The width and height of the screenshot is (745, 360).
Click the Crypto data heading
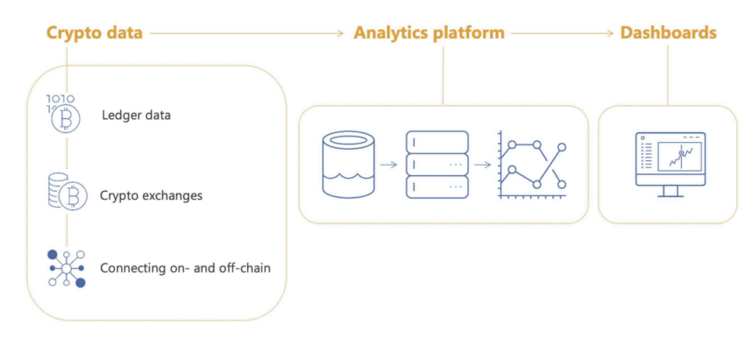(x=94, y=33)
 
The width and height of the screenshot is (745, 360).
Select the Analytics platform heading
(x=429, y=33)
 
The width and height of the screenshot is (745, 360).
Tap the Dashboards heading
(x=668, y=33)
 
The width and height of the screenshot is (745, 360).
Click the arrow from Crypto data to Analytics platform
(x=247, y=33)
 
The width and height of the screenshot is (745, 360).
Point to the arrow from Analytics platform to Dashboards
(x=562, y=33)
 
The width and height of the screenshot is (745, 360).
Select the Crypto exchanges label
(x=151, y=195)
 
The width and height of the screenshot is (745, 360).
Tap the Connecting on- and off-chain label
(x=185, y=267)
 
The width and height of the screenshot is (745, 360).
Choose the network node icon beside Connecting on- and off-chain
(x=67, y=266)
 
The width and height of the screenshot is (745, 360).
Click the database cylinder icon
(x=347, y=165)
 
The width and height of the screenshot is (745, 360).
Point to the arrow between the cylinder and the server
(x=390, y=165)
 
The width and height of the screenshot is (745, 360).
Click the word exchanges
(x=172, y=195)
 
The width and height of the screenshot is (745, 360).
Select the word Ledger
(x=120, y=115)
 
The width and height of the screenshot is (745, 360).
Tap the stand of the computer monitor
(x=669, y=191)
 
